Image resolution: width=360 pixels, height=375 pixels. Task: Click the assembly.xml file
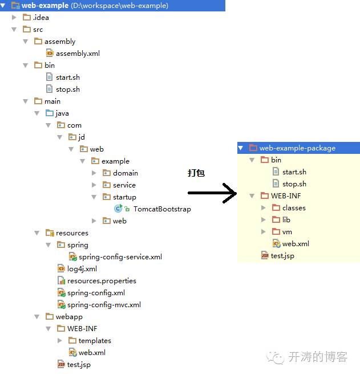point(78,54)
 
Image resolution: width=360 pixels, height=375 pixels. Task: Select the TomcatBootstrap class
point(162,209)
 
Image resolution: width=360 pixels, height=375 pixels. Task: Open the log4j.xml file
point(82,269)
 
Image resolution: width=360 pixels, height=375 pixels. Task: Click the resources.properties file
point(102,281)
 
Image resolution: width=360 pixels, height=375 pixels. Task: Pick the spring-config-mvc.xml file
point(104,305)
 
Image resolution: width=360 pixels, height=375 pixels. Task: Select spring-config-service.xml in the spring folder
point(120,257)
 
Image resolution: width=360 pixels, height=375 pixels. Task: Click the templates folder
point(95,341)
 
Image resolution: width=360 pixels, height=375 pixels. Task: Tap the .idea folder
point(41,18)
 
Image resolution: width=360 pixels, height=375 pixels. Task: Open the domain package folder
point(125,173)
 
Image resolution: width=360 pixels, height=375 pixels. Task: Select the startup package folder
point(124,197)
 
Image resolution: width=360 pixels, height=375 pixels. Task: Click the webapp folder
point(68,317)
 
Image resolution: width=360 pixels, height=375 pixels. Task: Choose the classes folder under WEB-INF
point(294,208)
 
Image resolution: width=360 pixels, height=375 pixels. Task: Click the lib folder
point(286,220)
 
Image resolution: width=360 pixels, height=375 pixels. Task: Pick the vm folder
point(286,232)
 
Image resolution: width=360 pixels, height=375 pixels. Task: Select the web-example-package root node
point(297,148)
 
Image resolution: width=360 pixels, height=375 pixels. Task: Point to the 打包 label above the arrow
point(196,173)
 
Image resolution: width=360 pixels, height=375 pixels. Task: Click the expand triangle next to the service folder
point(94,185)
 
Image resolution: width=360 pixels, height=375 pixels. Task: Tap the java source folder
point(62,113)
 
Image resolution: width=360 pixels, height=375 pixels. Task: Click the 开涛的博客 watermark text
point(317,357)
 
